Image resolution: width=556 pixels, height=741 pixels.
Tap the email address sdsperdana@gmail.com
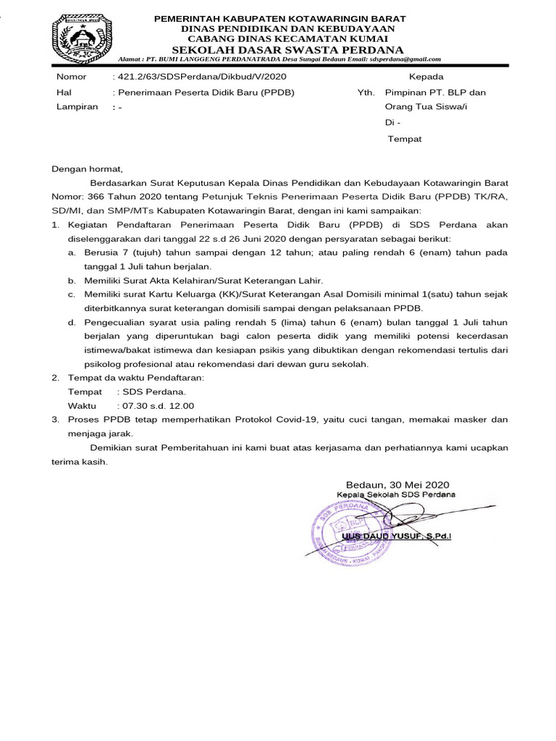pos(405,60)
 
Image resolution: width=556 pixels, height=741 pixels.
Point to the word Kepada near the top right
pos(427,77)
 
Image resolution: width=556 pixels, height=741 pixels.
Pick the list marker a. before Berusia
pos(72,253)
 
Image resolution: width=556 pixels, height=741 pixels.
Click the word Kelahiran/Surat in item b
pos(218,280)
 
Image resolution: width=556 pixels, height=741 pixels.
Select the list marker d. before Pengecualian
pos(72,322)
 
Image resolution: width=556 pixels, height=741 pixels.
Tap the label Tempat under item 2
pos(85,391)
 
